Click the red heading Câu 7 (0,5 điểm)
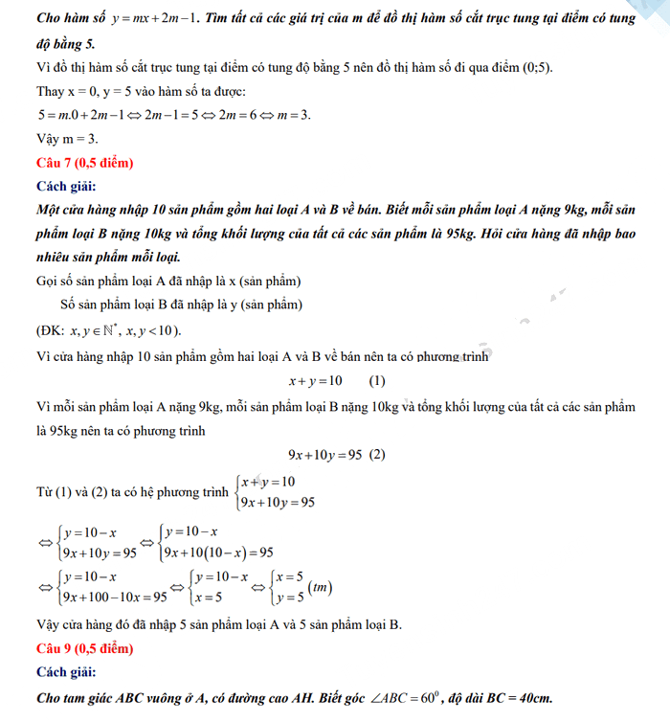click(x=84, y=162)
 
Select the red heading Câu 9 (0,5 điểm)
click(x=84, y=649)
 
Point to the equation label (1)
click(x=377, y=380)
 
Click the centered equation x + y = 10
click(x=315, y=380)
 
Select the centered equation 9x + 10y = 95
click(x=324, y=455)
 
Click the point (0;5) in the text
click(x=532, y=68)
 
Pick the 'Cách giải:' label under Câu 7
click(x=66, y=186)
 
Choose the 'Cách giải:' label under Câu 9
click(x=66, y=673)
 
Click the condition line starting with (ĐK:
click(x=107, y=331)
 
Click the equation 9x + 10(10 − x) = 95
click(x=218, y=553)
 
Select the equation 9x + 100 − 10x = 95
click(x=113, y=597)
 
